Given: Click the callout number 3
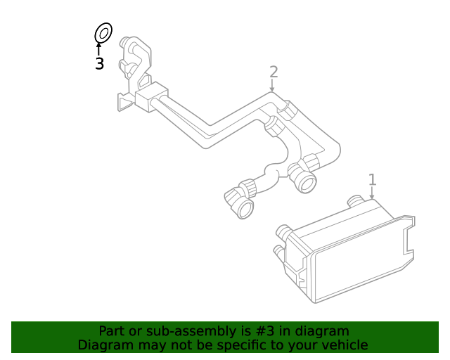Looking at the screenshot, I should (x=99, y=64).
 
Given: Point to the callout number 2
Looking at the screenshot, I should (x=274, y=72).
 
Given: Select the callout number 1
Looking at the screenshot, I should (x=373, y=179).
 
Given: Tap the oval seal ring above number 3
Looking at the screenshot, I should (x=103, y=33).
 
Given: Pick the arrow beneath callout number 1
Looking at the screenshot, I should (x=372, y=193).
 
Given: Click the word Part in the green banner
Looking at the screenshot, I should (x=112, y=331).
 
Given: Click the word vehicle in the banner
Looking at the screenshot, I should (x=345, y=345).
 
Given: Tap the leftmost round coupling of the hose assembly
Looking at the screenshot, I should (x=243, y=205).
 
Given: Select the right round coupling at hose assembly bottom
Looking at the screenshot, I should (x=305, y=182).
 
